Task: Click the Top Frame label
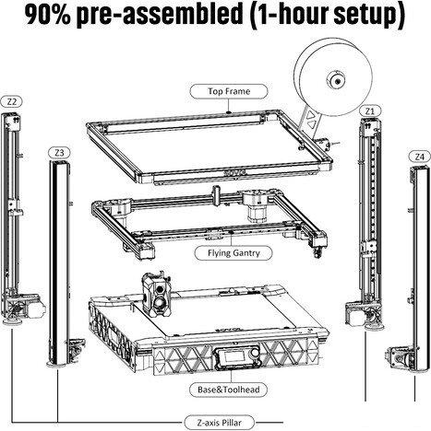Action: point(229,91)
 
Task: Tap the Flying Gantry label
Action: point(233,253)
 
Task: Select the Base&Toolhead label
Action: point(228,390)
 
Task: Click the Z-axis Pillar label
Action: point(219,423)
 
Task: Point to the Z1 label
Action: point(370,111)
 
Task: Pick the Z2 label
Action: point(11,101)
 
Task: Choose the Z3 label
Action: point(59,153)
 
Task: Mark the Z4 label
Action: point(419,157)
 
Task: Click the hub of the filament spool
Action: point(337,81)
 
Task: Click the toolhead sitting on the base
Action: point(157,297)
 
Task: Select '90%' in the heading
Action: point(47,15)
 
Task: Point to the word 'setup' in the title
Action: point(368,16)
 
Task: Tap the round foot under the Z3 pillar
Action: point(57,365)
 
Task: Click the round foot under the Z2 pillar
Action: point(12,322)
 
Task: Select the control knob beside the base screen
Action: point(254,354)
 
